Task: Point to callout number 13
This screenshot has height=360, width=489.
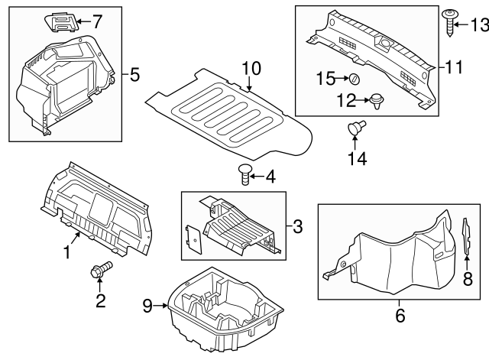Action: pos(478,26)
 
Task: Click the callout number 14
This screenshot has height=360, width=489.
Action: pos(358,159)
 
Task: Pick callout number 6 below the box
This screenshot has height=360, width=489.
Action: pos(400,314)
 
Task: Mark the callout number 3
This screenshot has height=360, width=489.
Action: pos(299,226)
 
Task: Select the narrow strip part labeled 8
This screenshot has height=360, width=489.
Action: pos(465,237)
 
